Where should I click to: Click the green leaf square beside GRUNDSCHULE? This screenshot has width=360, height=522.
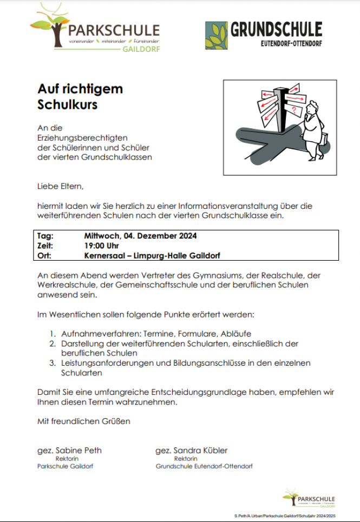click(x=217, y=36)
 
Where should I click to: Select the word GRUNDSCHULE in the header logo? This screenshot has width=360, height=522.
click(x=276, y=30)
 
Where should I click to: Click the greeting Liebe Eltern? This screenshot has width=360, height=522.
click(x=61, y=187)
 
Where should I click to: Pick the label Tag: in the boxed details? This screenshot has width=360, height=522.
click(x=46, y=236)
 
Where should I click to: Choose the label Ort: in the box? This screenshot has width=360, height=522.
click(x=45, y=255)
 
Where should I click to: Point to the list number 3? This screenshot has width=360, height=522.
click(x=52, y=364)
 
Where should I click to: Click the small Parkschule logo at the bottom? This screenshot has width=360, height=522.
click(x=309, y=499)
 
